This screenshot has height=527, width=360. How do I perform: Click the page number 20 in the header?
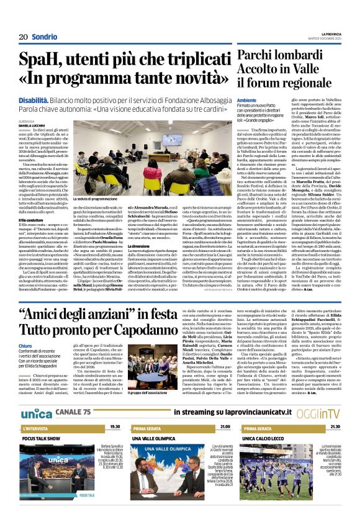[x=23, y=37]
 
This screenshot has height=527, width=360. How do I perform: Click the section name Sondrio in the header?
[x=45, y=37]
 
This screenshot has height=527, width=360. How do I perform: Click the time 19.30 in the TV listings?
[x=115, y=445]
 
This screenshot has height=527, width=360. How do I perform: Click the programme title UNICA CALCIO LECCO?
[x=269, y=455]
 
